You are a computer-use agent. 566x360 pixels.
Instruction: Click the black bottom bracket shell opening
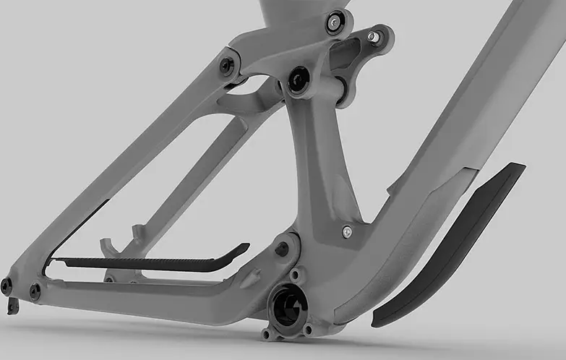[288, 303]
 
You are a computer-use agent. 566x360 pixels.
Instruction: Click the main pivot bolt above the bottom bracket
[282, 249]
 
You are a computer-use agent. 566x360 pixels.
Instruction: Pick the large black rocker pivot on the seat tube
[297, 80]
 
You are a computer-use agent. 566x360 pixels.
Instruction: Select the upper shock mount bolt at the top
[333, 23]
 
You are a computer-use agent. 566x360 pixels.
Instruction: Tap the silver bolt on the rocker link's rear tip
[372, 35]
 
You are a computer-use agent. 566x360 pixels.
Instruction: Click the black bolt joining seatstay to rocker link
[226, 66]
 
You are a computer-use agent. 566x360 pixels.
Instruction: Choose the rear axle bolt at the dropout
[7, 286]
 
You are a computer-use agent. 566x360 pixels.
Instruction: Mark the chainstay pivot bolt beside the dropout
[35, 291]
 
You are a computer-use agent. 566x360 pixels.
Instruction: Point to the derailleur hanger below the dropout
[12, 307]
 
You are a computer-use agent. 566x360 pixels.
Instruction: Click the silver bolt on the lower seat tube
[347, 232]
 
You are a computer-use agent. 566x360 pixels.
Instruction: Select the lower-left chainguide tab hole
[268, 334]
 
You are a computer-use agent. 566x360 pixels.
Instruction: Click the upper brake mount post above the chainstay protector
[137, 233]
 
